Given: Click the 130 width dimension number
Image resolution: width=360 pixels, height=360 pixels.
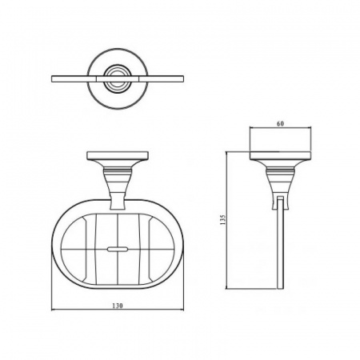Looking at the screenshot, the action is [x=118, y=306].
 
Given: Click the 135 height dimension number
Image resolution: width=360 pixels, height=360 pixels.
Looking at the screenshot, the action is [x=223, y=220].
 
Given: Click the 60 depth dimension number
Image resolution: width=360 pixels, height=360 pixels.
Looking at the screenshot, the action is [x=280, y=124].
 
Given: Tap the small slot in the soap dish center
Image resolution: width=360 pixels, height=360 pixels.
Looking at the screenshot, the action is [x=118, y=250].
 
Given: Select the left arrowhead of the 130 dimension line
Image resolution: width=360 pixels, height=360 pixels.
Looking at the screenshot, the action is [x=53, y=310].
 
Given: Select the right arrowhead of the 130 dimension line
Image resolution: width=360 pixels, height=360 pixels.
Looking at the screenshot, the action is [x=182, y=310].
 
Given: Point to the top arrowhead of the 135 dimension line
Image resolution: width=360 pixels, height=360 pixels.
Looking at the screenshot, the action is [x=226, y=154].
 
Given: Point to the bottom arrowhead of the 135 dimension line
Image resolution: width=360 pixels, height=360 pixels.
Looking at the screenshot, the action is [x=226, y=286].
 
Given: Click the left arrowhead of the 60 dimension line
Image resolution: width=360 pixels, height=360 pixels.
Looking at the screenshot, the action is [x=251, y=127].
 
